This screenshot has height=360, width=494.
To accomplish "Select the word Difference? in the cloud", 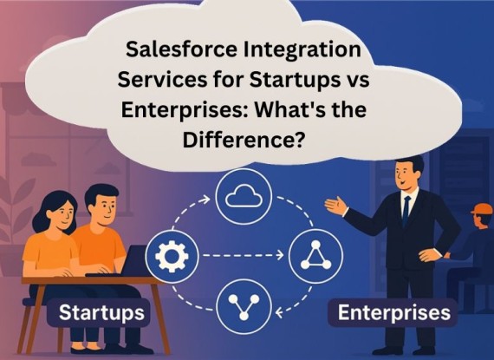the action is (244, 139).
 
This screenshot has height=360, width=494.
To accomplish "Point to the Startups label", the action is (101, 312).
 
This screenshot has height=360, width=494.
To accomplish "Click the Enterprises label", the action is (394, 312).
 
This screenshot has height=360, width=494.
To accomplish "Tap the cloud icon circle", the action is (244, 196).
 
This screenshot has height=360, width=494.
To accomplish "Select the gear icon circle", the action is (172, 256).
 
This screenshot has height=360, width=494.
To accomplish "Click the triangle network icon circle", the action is (315, 256).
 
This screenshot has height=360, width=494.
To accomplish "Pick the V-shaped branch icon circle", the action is (244, 307).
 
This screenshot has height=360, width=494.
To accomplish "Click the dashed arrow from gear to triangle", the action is (244, 255).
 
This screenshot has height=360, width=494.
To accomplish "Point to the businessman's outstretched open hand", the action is (336, 206).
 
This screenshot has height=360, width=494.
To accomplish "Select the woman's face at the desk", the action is (62, 214).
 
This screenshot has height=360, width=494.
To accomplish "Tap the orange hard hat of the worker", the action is (482, 209).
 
